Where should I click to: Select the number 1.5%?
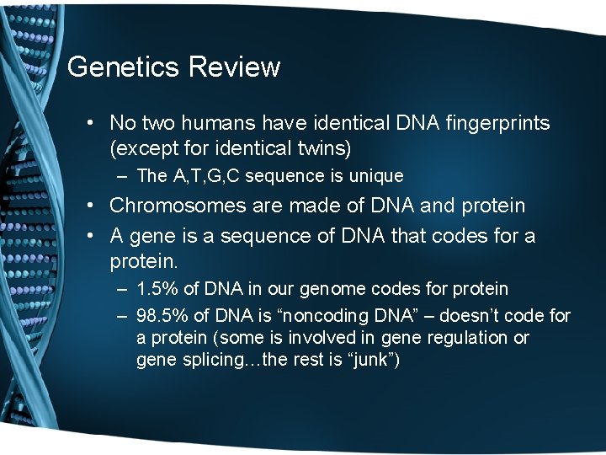point(157,289)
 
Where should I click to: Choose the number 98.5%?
point(162,316)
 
